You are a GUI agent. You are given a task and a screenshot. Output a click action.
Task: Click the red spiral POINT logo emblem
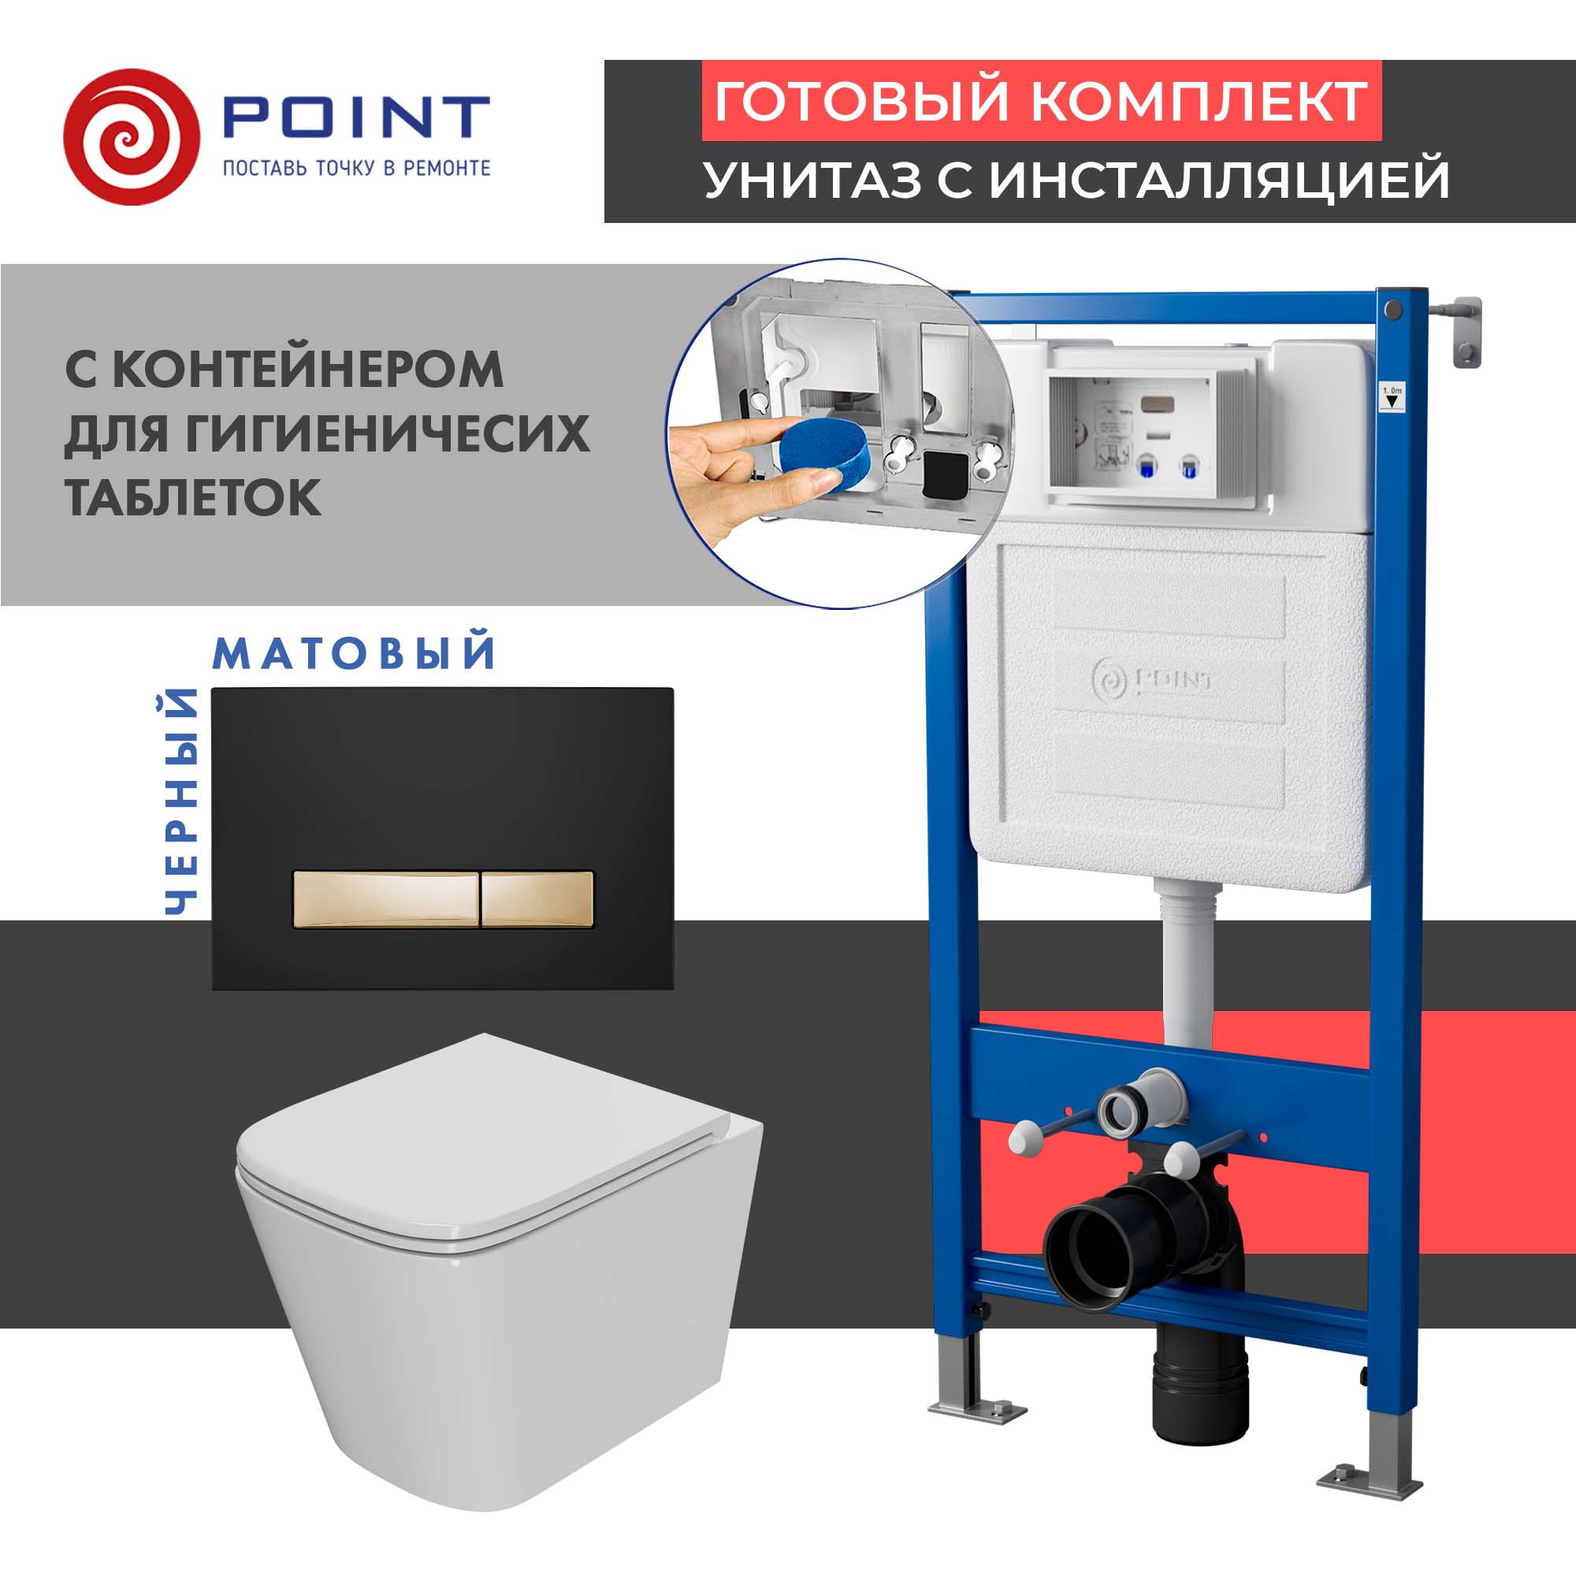(x=132, y=136)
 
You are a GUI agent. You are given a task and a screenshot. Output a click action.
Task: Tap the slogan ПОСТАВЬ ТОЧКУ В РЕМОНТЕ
(x=356, y=168)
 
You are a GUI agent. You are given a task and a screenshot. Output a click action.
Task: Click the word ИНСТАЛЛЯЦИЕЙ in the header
(x=1220, y=180)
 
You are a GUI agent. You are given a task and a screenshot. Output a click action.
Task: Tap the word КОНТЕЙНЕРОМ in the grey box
(x=307, y=370)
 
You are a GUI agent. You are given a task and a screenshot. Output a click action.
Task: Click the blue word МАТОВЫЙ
(x=354, y=653)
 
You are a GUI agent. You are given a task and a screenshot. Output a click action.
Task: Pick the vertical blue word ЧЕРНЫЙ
(x=181, y=802)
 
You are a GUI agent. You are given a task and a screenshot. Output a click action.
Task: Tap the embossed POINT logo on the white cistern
(x=1153, y=678)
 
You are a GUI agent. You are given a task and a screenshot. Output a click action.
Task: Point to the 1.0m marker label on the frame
(x=1392, y=397)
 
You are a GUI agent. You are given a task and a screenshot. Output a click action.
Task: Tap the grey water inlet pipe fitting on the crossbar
(x=1137, y=1103)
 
